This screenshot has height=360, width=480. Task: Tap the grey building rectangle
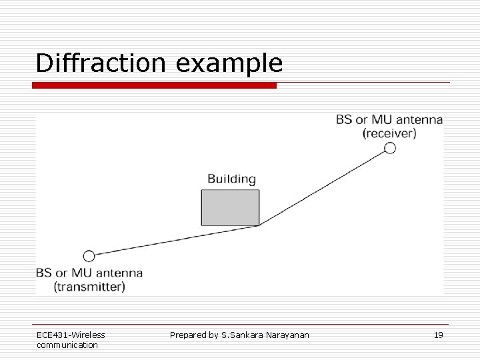[x=230, y=207]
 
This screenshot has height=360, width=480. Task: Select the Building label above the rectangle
[x=231, y=179]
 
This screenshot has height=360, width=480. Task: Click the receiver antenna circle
[x=390, y=148]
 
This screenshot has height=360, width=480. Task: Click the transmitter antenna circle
[x=89, y=255]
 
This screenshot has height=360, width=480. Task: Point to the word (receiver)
[x=389, y=133]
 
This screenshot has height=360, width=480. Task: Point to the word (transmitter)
[x=89, y=287]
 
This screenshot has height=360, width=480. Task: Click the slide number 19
[x=438, y=335]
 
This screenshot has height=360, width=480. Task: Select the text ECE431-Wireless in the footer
[x=71, y=335]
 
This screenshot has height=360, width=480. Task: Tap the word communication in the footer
[x=67, y=345]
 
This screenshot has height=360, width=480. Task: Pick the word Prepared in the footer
[x=188, y=335]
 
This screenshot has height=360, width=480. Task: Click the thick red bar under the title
[x=155, y=85]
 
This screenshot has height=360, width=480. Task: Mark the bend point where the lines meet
[x=259, y=226]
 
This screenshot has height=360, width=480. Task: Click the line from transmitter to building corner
[x=173, y=241]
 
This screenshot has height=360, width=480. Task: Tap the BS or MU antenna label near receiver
[x=389, y=120]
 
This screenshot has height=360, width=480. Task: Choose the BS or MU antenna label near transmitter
[x=89, y=273]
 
